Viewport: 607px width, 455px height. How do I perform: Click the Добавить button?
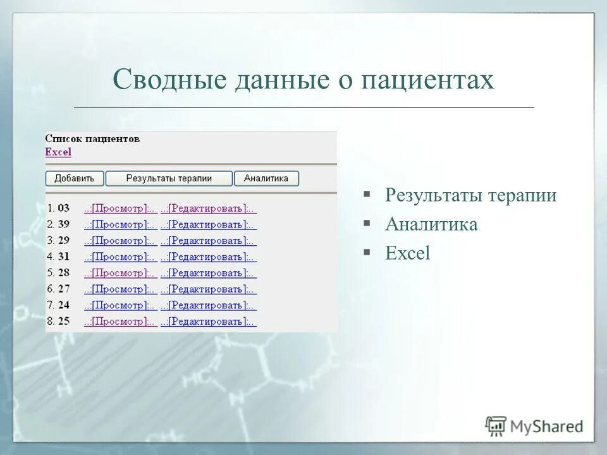tap(75, 178)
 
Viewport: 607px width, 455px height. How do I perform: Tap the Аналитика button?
tap(266, 178)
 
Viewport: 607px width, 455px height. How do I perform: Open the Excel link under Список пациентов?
tap(58, 152)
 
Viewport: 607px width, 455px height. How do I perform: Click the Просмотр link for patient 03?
tap(120, 208)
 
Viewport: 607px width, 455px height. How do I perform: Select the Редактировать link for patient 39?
tap(208, 224)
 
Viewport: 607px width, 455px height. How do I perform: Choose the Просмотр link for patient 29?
tap(120, 241)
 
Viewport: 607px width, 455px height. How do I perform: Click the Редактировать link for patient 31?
tap(208, 257)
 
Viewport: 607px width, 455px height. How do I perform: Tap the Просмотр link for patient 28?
tap(120, 273)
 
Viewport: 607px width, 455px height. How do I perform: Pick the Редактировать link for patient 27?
tap(208, 289)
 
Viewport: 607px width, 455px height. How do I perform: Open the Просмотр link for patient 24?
tap(120, 305)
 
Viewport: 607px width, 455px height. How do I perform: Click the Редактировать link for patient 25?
tap(208, 322)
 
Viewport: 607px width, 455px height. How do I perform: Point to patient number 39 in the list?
tap(63, 224)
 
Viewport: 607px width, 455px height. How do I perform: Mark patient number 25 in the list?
tap(63, 322)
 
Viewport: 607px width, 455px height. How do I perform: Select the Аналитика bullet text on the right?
tap(431, 224)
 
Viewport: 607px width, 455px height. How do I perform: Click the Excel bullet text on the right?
tap(407, 253)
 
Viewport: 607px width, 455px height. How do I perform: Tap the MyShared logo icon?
tap(496, 426)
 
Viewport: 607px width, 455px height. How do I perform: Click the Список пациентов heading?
tap(92, 139)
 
